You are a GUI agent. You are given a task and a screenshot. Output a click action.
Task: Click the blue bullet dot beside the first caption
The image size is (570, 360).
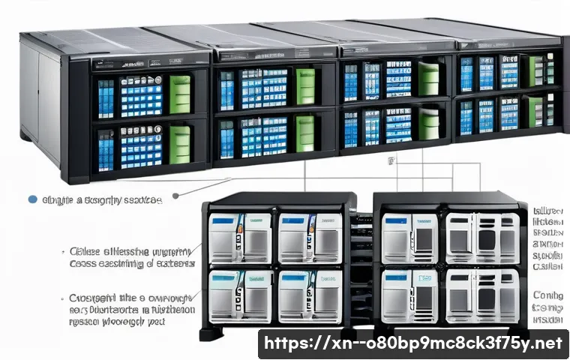(x=31, y=199)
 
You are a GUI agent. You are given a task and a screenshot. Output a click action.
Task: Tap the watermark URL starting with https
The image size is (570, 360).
(x=413, y=344)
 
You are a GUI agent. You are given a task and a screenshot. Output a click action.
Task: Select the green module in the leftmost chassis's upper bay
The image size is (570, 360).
(x=180, y=94)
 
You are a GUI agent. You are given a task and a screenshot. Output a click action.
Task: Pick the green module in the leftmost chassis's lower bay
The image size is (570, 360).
(x=179, y=144)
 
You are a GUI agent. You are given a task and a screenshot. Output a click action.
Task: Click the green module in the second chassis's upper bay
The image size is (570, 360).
(x=305, y=86)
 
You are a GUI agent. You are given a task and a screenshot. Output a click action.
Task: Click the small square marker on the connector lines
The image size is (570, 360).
(x=390, y=160)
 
